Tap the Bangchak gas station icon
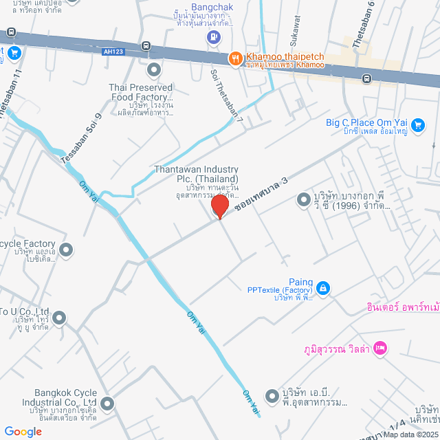pos(214,37)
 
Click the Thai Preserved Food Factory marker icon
pos(153,69)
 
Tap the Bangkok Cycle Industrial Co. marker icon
pos(107,402)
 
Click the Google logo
pos(23,431)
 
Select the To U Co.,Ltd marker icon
pos(58,318)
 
